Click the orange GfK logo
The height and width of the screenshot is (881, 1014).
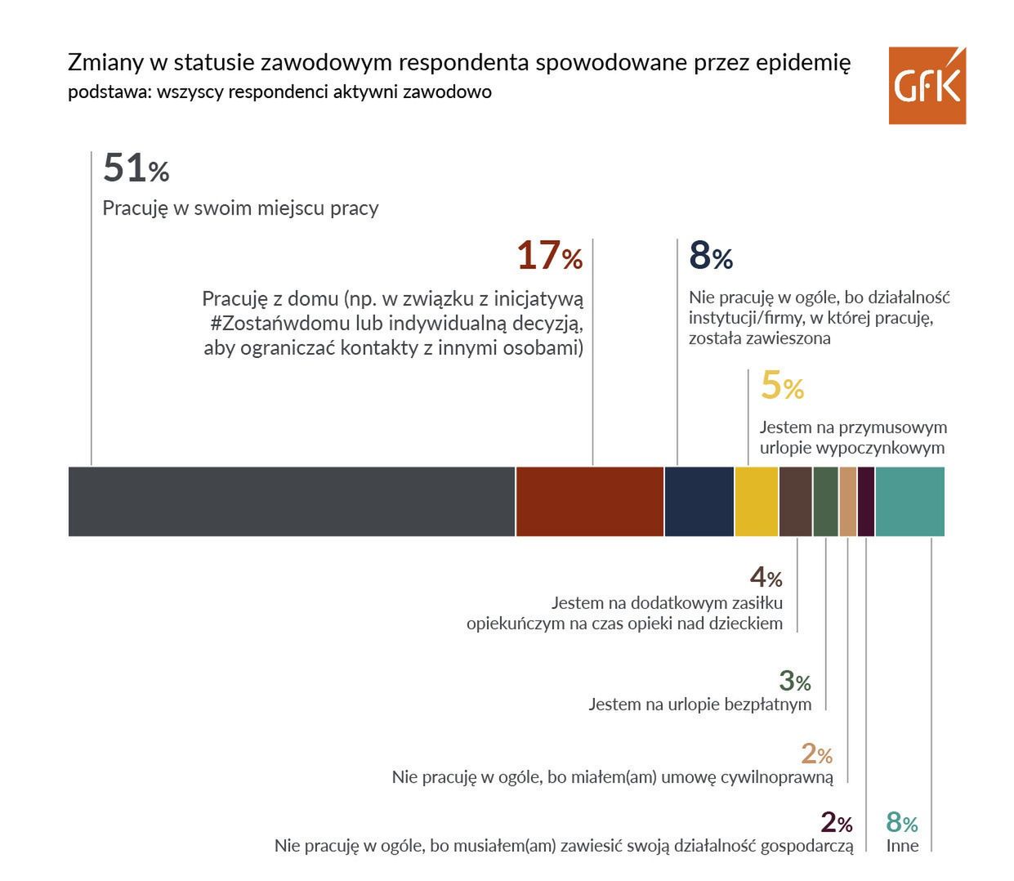927,86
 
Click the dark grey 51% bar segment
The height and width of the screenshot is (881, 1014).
291,501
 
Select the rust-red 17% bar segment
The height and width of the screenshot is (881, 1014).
589,501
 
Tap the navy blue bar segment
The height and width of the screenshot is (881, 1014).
699,501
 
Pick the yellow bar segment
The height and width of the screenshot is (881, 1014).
757,501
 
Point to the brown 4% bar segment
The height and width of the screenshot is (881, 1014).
795,501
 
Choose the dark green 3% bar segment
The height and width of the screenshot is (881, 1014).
825,501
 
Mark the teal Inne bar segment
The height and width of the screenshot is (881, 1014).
909,501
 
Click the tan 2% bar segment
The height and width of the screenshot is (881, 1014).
847,501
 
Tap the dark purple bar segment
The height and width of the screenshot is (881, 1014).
866,501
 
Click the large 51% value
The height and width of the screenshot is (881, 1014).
136,169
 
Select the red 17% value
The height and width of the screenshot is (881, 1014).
549,257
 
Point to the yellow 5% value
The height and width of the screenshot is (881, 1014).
782,387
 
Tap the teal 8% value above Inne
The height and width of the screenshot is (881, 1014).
902,822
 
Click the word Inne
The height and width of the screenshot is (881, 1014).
902,846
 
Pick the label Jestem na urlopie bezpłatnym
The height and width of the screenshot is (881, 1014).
699,704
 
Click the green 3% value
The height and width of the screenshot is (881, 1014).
794,681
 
